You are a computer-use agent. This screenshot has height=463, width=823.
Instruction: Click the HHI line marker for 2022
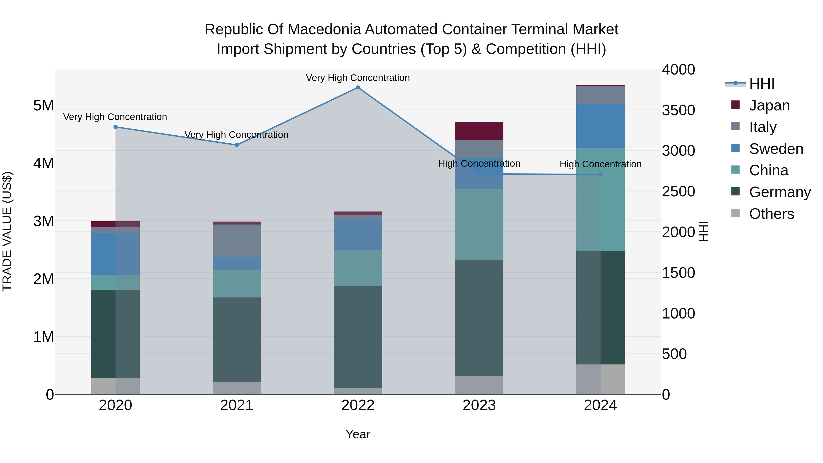[358, 88]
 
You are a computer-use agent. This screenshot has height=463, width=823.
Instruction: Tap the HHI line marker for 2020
[116, 127]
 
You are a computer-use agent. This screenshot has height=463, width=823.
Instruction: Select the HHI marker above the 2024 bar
[600, 174]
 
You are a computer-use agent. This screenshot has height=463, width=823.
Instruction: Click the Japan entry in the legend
[769, 105]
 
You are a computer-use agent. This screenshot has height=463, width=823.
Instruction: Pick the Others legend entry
[771, 214]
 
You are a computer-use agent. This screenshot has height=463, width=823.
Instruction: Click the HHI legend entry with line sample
[761, 84]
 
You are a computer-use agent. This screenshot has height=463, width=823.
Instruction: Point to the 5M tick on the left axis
[43, 105]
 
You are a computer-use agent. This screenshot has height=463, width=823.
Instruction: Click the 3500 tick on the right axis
[678, 110]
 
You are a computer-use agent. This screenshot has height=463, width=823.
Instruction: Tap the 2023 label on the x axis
[479, 405]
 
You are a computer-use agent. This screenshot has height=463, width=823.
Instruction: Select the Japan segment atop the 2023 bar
[479, 131]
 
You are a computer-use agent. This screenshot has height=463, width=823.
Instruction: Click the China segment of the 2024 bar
[600, 199]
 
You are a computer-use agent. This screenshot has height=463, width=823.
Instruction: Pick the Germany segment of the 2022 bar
[358, 337]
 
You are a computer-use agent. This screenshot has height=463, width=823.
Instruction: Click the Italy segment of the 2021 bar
[237, 241]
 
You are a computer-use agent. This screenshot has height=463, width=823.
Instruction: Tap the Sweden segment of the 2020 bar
[116, 254]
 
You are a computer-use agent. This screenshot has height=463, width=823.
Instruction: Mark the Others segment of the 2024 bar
[600, 379]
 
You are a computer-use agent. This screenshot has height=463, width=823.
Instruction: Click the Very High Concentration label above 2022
[358, 78]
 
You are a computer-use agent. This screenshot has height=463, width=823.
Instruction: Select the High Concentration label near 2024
[600, 164]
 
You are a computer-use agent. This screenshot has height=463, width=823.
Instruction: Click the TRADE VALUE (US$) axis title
[7, 231]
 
